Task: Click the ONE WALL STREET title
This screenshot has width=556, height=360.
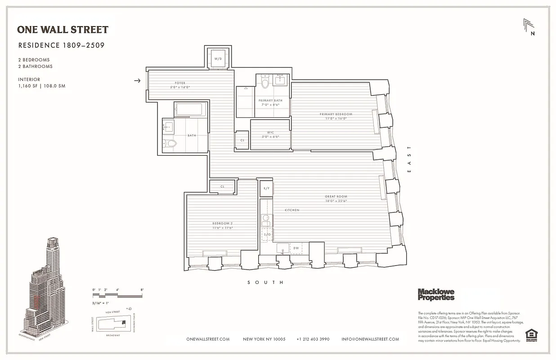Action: tap(63, 30)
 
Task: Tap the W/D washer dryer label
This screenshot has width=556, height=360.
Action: tap(218, 59)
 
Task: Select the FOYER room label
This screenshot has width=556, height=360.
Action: tap(180, 83)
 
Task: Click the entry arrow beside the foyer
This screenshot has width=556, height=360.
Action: tap(138, 81)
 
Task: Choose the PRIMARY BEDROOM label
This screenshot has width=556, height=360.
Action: tap(336, 114)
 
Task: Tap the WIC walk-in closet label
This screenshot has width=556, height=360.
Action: tap(270, 132)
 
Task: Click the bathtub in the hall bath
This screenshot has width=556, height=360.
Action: tap(190, 110)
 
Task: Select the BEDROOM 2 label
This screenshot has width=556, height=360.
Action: tap(222, 224)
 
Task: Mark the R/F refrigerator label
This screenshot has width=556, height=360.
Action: tap(266, 189)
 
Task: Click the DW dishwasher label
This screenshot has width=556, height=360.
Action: tap(296, 248)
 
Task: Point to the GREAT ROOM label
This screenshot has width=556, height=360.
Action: tap(336, 197)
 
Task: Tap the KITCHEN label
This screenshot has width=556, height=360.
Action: tap(291, 210)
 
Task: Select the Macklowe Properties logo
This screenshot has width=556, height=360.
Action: tap(436, 295)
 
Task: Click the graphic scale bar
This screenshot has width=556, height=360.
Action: tap(117, 295)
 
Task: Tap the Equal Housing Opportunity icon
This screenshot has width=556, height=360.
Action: tap(531, 335)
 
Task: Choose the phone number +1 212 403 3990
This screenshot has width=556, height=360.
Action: tap(313, 339)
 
